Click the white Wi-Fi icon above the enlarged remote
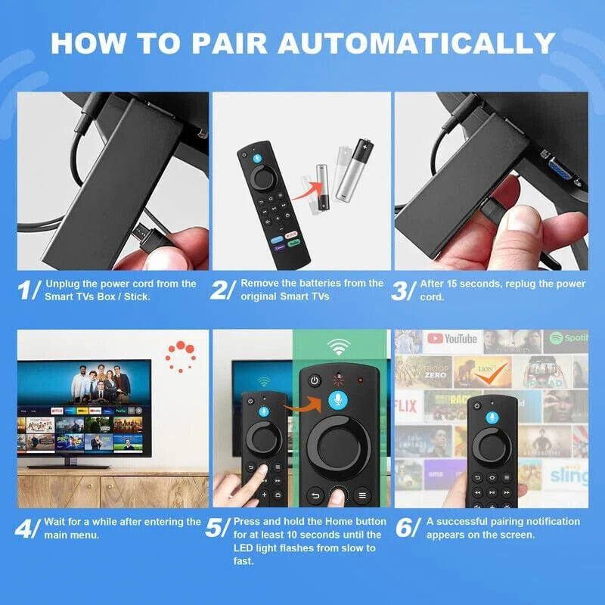(x=337, y=348)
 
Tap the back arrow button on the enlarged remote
(x=312, y=496)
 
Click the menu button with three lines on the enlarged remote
(x=362, y=496)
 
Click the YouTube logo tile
(x=451, y=339)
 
